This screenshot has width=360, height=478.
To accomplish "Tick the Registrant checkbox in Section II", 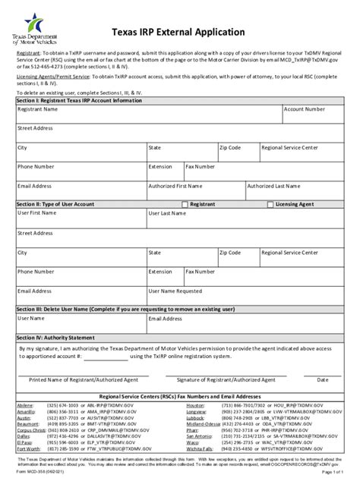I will coord(185,204).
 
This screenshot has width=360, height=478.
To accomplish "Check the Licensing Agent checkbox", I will coord(269,204).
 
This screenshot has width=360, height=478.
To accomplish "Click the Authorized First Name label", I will coord(175,185).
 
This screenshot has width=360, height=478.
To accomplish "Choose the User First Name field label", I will coord(37,213).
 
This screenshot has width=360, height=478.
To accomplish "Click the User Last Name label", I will coord(168,213).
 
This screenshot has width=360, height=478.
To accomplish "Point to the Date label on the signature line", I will coord(322,379).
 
